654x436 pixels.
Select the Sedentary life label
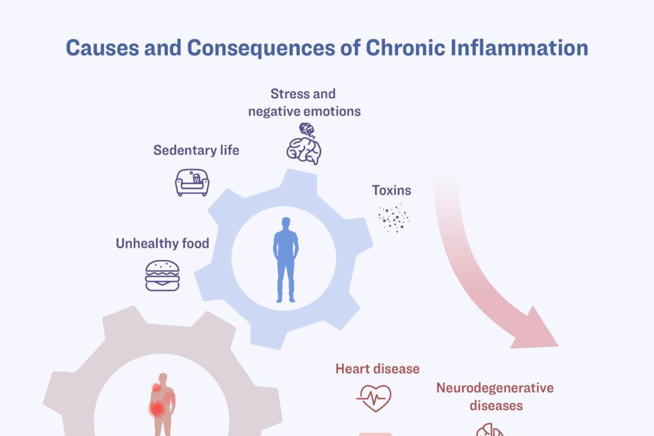[196, 150]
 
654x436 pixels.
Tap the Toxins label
[391, 190]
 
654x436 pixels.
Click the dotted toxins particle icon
[394, 218]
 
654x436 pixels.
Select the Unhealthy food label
[162, 243]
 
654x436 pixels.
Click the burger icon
[162, 276]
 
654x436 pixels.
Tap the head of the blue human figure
[286, 223]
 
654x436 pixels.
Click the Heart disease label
[377, 368]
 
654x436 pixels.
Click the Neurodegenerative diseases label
[495, 396]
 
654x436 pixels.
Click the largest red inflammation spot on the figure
[157, 409]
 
